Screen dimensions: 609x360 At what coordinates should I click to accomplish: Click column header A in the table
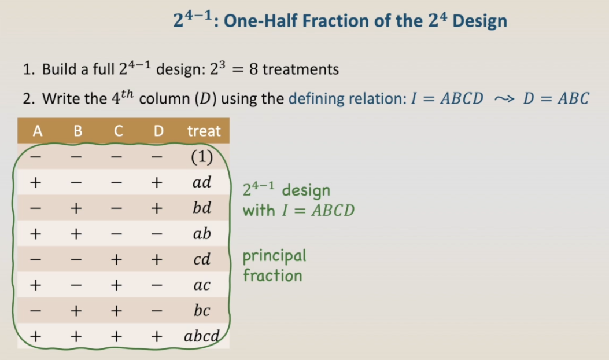tap(37, 131)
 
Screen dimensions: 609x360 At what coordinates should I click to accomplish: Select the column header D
tap(158, 131)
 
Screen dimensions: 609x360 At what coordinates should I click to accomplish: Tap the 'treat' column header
tap(204, 131)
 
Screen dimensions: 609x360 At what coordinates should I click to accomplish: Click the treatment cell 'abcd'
tap(202, 336)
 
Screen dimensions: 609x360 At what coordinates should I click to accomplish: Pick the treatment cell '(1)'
tap(202, 157)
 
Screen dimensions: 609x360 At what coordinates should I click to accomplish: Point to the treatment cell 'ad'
tap(202, 182)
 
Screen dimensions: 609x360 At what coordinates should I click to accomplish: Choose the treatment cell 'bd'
tap(202, 208)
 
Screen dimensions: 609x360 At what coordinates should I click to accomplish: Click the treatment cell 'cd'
tap(202, 259)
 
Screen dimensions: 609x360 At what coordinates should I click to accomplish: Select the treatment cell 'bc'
tap(202, 311)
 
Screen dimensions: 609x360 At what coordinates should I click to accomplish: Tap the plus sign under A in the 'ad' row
tap(36, 182)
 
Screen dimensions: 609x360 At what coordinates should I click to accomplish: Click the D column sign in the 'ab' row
tap(157, 234)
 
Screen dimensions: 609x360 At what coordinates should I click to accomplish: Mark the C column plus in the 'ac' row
tap(116, 285)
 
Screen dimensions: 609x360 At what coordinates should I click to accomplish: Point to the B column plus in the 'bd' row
tap(76, 208)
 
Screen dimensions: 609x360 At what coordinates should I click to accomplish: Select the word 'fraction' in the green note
tap(272, 275)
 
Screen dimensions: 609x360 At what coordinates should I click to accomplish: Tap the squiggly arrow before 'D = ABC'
tap(504, 99)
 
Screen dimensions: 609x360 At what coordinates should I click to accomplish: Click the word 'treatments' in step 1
tap(301, 69)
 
